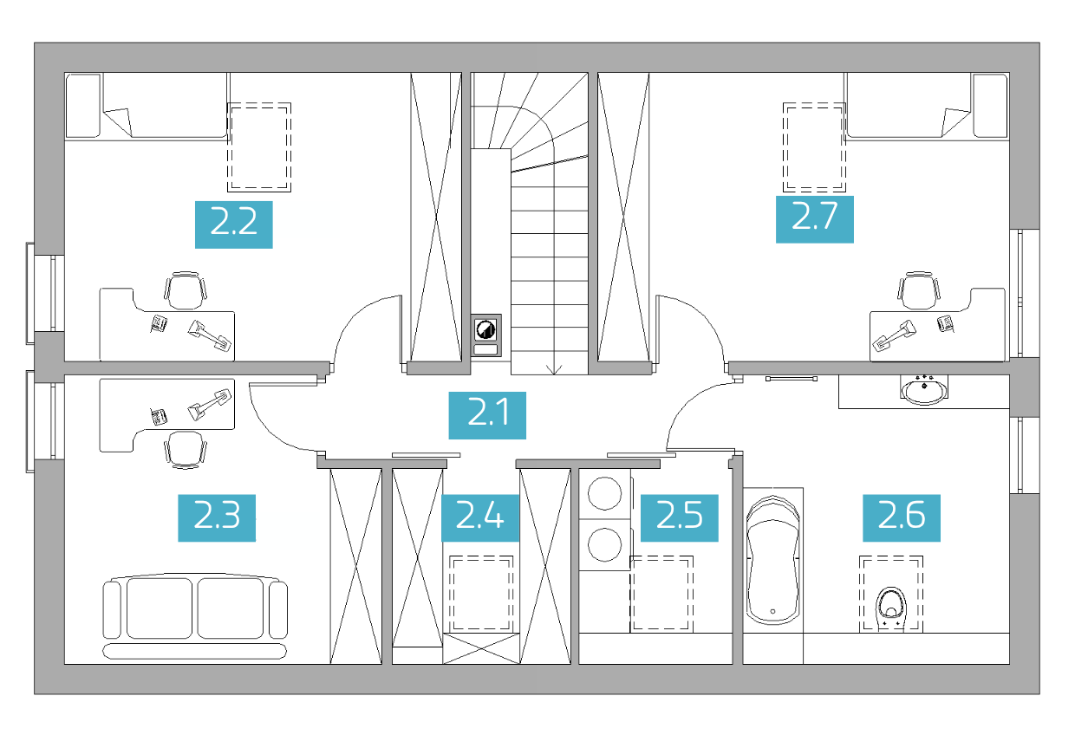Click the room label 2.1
[x=487, y=415]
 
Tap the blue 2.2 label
[x=234, y=224]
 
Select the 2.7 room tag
[x=814, y=219]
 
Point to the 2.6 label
[x=902, y=517]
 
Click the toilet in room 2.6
[x=890, y=609]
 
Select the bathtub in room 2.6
[x=772, y=560]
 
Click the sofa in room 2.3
[x=195, y=615]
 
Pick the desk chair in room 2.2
[x=186, y=290]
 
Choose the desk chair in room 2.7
[x=919, y=290]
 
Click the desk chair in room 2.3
[x=186, y=450]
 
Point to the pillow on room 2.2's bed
[x=83, y=105]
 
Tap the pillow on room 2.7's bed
[x=990, y=105]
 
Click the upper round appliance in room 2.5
[x=605, y=493]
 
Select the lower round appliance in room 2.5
[x=605, y=544]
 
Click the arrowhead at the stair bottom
[x=554, y=370]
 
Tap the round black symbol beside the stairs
[x=485, y=329]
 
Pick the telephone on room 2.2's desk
[x=159, y=323]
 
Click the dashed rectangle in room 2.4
[x=481, y=594]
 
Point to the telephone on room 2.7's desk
[x=946, y=323]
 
